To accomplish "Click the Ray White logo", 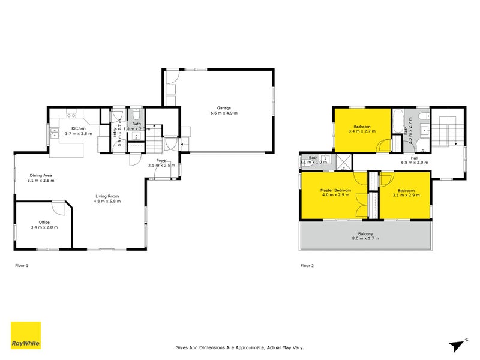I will [26, 335].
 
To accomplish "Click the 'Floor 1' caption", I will [21, 265].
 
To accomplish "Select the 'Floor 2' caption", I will [307, 265].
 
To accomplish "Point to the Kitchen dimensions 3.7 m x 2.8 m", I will [79, 133].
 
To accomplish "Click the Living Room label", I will [107, 196].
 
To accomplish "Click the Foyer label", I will [162, 160].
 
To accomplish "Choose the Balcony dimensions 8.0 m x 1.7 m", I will [365, 238].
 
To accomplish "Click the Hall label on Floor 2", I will [414, 158].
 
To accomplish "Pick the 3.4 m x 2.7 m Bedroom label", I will [362, 127].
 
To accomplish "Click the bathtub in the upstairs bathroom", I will [398, 121].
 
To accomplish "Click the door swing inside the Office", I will [58, 208].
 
